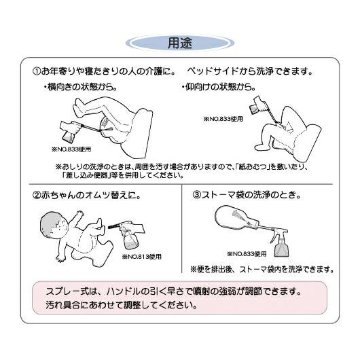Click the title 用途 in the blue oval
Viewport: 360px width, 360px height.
(180, 42)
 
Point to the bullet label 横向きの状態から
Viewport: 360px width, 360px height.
(80, 87)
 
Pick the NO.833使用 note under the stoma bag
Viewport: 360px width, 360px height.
(246, 253)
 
